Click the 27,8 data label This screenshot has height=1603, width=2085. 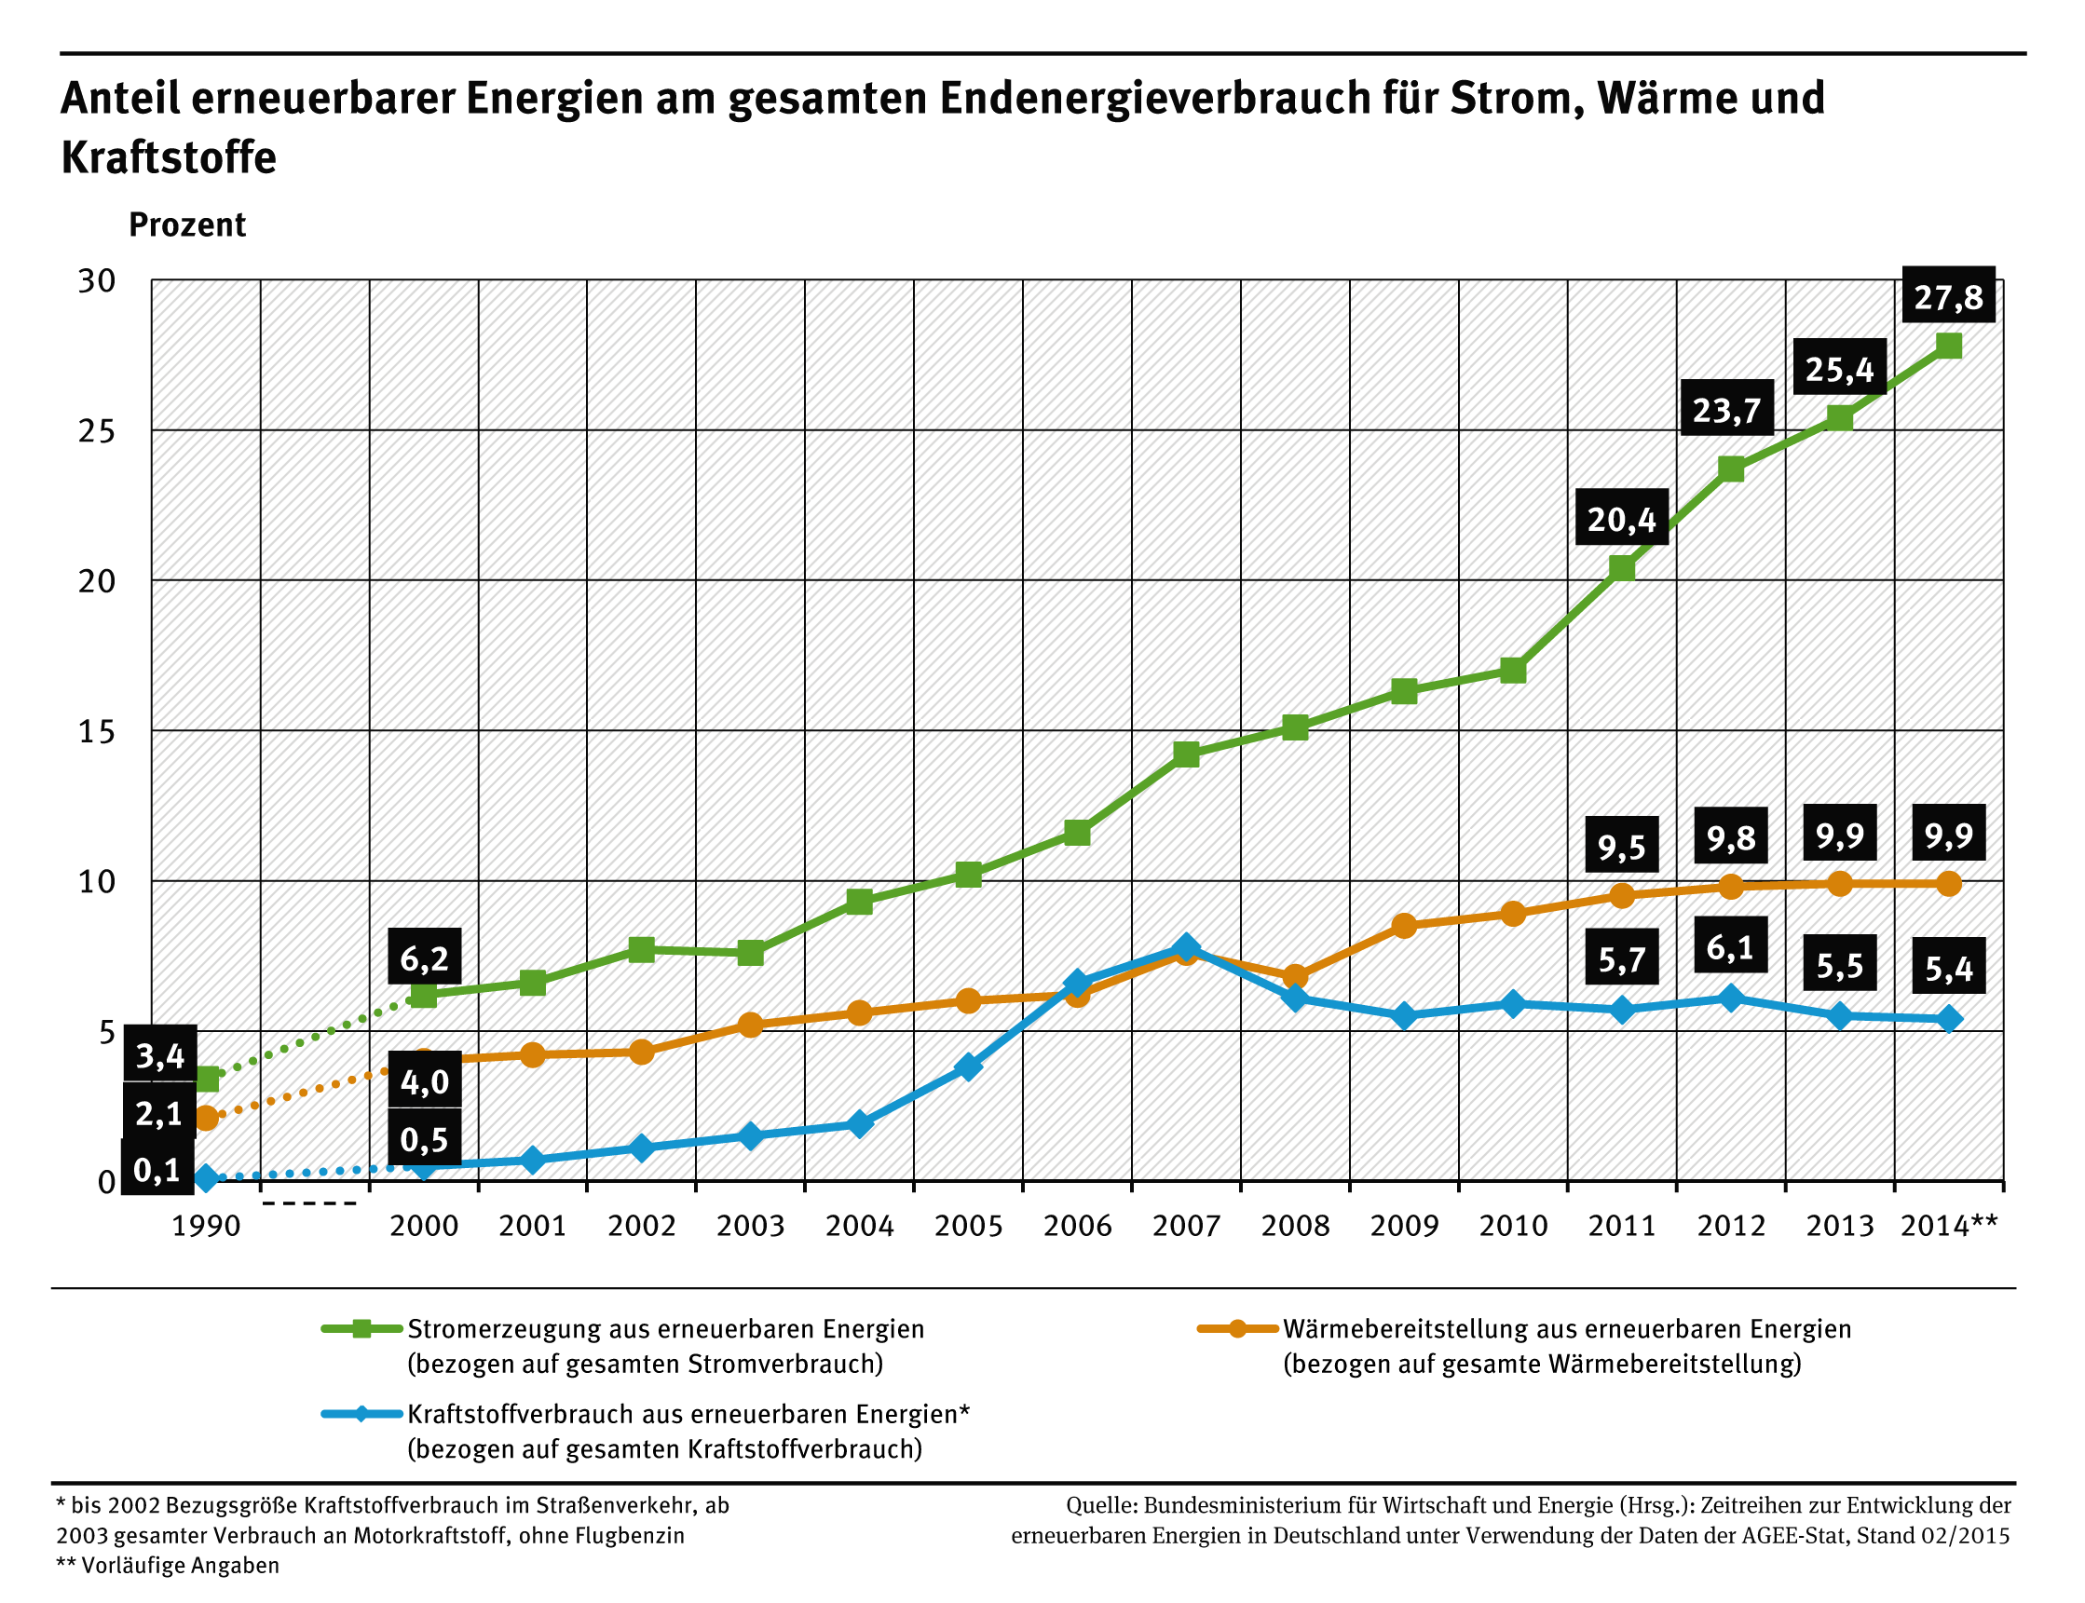coord(1948,297)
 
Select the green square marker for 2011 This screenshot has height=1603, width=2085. coord(1621,568)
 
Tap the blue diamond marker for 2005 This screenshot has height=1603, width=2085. coord(968,1066)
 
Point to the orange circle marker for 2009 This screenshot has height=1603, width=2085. coord(1404,926)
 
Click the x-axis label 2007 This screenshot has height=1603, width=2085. coord(1185,1226)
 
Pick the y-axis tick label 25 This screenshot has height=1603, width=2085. coord(96,431)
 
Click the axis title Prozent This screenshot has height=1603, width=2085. coord(187,225)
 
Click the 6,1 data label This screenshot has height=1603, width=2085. coord(1730,947)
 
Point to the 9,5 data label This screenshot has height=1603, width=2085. coord(1621,846)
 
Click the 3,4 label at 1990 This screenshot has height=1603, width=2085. coord(159,1055)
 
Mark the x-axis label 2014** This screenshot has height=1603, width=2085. coord(1948,1226)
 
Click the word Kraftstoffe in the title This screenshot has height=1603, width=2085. coord(169,157)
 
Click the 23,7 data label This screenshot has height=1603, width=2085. coord(1725,410)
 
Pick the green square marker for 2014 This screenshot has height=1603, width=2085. coord(1948,345)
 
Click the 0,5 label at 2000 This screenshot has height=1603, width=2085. coord(424,1139)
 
